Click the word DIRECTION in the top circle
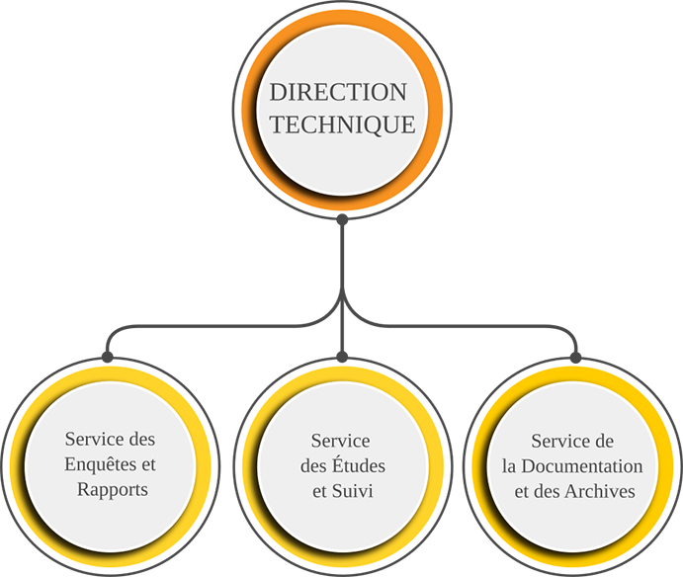tap(339, 93)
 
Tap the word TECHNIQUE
tap(343, 125)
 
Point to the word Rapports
tap(112, 489)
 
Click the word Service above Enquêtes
tap(94, 438)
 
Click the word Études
tap(357, 464)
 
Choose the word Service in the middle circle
tap(340, 440)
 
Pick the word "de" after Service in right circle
tap(605, 441)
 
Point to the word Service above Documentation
tap(560, 441)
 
